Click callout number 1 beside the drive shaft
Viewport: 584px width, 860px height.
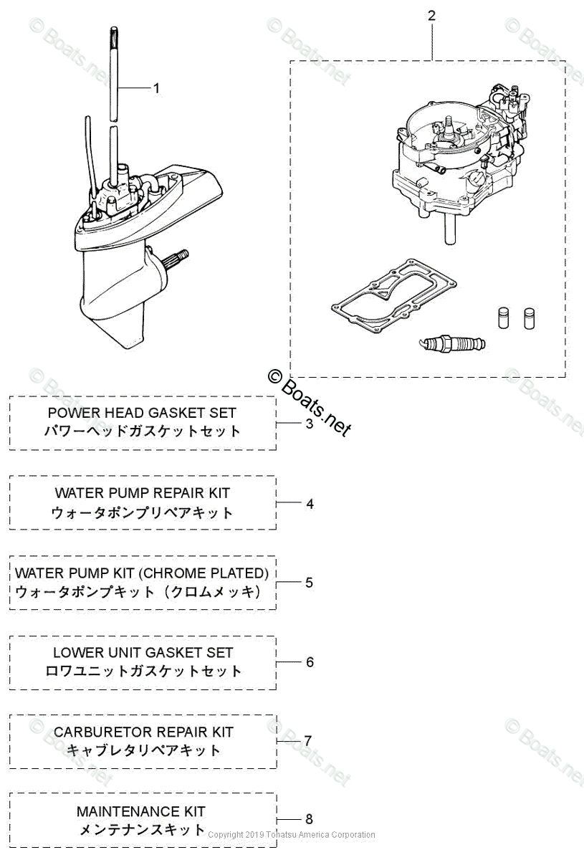pos(156,88)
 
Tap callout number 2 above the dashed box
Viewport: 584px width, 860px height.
pos(431,15)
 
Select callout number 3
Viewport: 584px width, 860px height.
pos(310,424)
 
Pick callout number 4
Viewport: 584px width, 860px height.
pos(310,504)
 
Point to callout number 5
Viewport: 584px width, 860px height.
pos(309,583)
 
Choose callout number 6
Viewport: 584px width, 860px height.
pos(310,662)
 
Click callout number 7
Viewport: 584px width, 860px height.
pos(308,740)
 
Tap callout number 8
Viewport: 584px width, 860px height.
pos(309,819)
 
